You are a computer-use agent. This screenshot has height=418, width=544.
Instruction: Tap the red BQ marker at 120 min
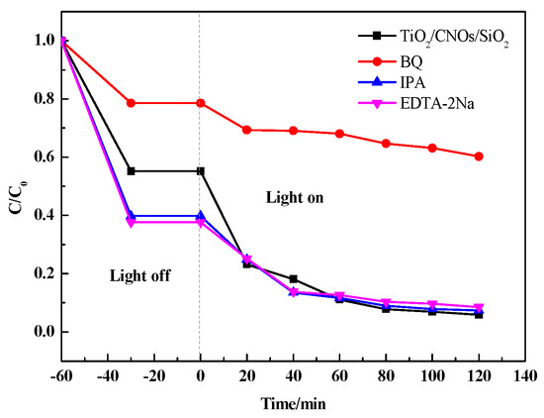[x=479, y=156]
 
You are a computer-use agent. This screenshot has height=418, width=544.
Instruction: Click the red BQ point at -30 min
[x=131, y=103]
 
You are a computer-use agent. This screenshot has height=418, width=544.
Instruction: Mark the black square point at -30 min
[x=131, y=171]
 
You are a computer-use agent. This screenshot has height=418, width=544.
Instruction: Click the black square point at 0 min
[x=201, y=171]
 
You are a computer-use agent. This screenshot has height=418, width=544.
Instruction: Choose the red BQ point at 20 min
[x=246, y=130]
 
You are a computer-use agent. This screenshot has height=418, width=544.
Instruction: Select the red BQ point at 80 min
[x=386, y=144]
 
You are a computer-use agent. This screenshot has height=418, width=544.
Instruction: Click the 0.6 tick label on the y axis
[x=40, y=157]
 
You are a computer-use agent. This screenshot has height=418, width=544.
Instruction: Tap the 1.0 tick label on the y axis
[x=40, y=41]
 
